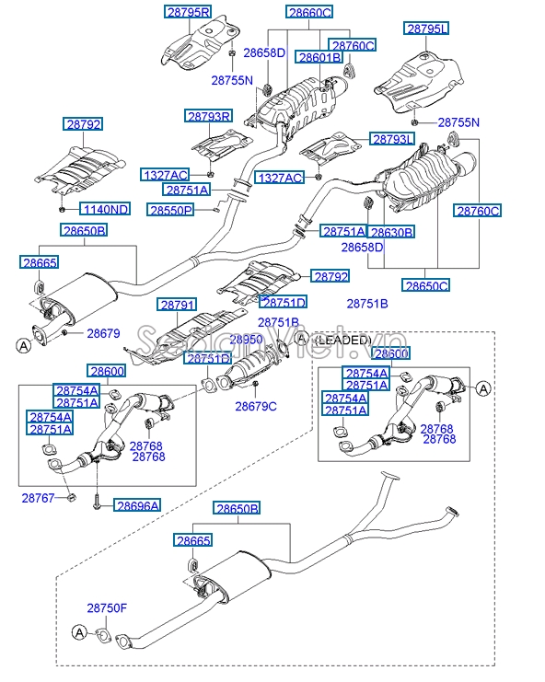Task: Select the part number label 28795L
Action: pyautogui.click(x=425, y=29)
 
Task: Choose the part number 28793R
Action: pyautogui.click(x=208, y=117)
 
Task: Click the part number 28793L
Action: pyautogui.click(x=393, y=139)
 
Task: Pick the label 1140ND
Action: pyautogui.click(x=104, y=209)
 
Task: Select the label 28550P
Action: pyautogui.click(x=170, y=210)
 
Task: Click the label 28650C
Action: pyautogui.click(x=425, y=285)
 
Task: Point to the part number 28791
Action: pyautogui.click(x=177, y=304)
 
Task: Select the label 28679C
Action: pyautogui.click(x=255, y=406)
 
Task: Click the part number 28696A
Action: pyautogui.click(x=137, y=504)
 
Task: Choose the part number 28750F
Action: pyautogui.click(x=107, y=608)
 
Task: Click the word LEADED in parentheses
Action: pyautogui.click(x=342, y=340)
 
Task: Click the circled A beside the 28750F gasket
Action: pyautogui.click(x=79, y=632)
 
